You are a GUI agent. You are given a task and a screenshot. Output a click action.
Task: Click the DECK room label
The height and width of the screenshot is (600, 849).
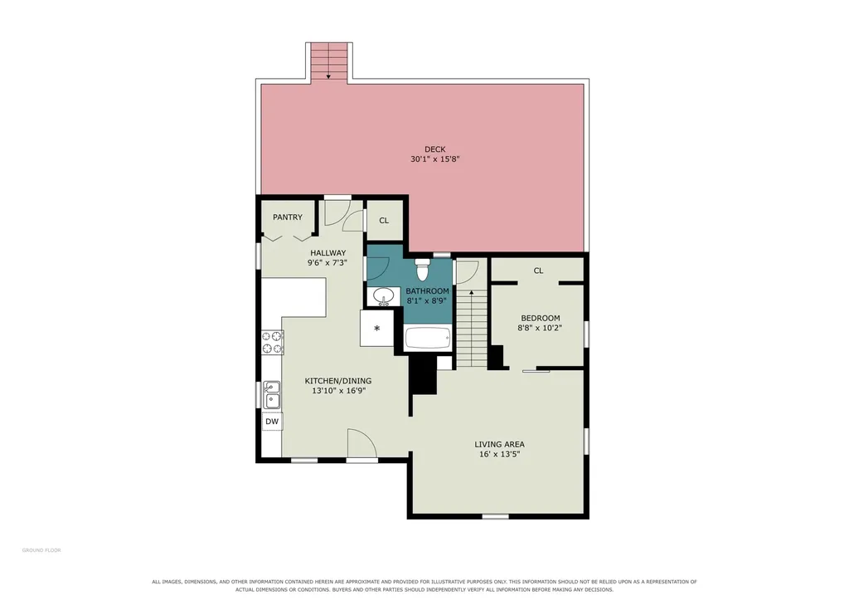click(x=434, y=149)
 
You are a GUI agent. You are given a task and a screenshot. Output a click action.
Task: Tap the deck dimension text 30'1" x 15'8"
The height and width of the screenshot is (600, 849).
click(x=434, y=159)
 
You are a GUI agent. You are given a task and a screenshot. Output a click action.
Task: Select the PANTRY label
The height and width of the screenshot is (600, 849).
click(x=288, y=217)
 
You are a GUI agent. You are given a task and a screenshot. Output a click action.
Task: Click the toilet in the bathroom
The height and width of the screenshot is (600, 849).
click(x=422, y=270)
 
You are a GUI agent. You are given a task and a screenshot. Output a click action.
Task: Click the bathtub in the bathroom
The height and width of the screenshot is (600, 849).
click(x=428, y=339)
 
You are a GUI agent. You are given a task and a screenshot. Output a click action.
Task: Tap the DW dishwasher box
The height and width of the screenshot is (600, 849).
click(x=272, y=421)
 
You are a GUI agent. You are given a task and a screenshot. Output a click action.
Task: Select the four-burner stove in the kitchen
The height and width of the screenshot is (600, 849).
click(x=272, y=342)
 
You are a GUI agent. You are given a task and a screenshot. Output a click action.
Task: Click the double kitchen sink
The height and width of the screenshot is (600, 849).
click(x=272, y=394)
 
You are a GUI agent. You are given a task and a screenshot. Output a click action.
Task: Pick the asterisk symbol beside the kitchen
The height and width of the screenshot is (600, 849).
click(x=377, y=328)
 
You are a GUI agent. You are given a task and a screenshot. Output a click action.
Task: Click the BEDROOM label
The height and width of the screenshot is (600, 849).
click(x=541, y=318)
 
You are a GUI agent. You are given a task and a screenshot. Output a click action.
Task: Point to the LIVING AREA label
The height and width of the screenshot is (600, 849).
click(x=499, y=445)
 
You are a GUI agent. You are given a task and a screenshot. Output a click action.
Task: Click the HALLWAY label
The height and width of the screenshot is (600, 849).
click(x=327, y=252)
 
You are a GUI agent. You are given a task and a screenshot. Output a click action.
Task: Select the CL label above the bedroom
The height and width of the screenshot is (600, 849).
click(x=538, y=271)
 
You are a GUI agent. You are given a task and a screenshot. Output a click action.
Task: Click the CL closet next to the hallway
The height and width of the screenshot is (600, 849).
click(x=384, y=221)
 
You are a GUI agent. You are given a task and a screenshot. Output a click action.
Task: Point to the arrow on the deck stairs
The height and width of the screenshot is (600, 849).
click(x=328, y=61)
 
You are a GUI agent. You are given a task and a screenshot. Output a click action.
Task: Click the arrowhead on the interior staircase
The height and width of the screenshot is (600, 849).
click(x=472, y=293)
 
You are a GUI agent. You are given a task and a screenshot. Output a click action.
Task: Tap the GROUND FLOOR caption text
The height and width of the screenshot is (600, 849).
click(x=41, y=550)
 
